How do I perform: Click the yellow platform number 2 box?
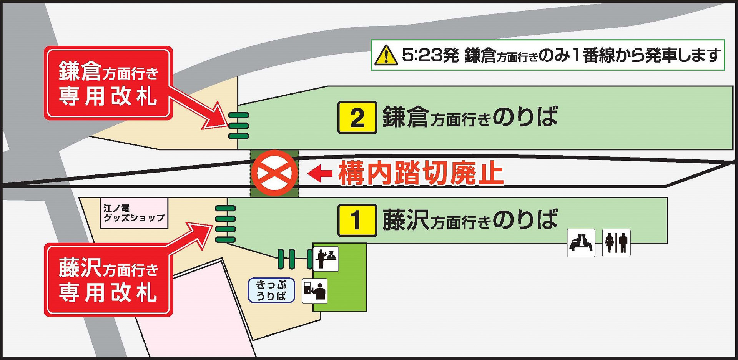pos(357,118)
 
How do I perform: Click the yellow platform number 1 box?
pos(357,220)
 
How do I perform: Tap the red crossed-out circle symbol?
pos(274,173)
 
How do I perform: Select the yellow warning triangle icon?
pos(386,55)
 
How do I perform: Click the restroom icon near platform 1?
pos(616,243)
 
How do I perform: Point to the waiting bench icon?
pos(581,243)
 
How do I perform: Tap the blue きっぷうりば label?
pos(271,290)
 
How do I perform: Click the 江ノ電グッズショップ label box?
pos(134,213)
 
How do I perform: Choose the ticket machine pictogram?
pos(314,291)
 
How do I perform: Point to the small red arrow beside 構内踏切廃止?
pos(320,173)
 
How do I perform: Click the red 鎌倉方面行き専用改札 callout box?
pos(108,83)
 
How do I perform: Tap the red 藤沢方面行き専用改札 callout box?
pos(108,280)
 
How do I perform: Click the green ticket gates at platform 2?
pos(239,126)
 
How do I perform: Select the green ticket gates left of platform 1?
pos(226,224)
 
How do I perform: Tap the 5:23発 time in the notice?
pos(430,55)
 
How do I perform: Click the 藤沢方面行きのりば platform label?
pos(470,220)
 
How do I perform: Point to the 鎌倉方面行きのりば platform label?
pos(470,117)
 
